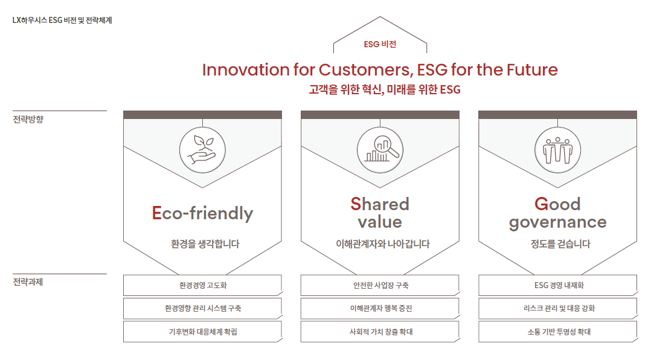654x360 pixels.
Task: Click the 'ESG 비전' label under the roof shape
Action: pyautogui.click(x=380, y=44)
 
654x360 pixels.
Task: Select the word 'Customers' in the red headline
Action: pyautogui.click(x=366, y=69)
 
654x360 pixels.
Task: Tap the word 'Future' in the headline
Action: pyautogui.click(x=532, y=69)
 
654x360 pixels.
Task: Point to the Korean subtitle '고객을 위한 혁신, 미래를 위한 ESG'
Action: pyautogui.click(x=385, y=89)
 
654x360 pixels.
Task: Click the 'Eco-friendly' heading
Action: pyautogui.click(x=202, y=213)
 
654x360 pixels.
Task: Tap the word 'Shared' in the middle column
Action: pyautogui.click(x=380, y=204)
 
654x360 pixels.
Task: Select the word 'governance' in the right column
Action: pyautogui.click(x=557, y=222)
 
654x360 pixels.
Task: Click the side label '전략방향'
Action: pyautogui.click(x=28, y=120)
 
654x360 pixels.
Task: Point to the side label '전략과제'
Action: pyautogui.click(x=28, y=282)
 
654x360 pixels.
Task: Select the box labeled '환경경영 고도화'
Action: pyautogui.click(x=203, y=285)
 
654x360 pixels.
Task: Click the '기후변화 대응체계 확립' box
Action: pyautogui.click(x=203, y=332)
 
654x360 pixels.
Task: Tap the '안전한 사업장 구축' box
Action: pyautogui.click(x=380, y=285)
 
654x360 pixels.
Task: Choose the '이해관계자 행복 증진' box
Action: pyautogui.click(x=380, y=308)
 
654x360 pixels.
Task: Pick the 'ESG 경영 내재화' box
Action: pyautogui.click(x=558, y=285)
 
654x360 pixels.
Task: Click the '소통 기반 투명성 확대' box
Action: pyautogui.click(x=558, y=332)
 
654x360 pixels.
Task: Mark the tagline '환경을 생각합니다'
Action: pyautogui.click(x=205, y=244)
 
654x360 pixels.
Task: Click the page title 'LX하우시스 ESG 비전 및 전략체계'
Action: pyautogui.click(x=62, y=20)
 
